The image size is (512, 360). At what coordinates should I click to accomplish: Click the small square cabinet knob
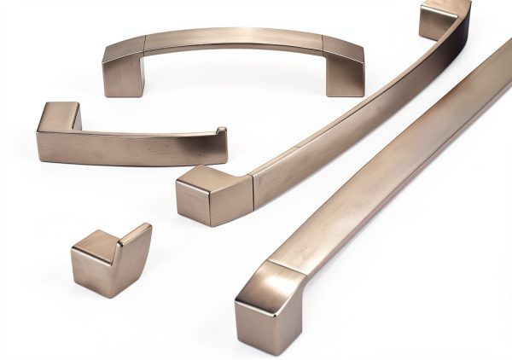[x=109, y=260]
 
